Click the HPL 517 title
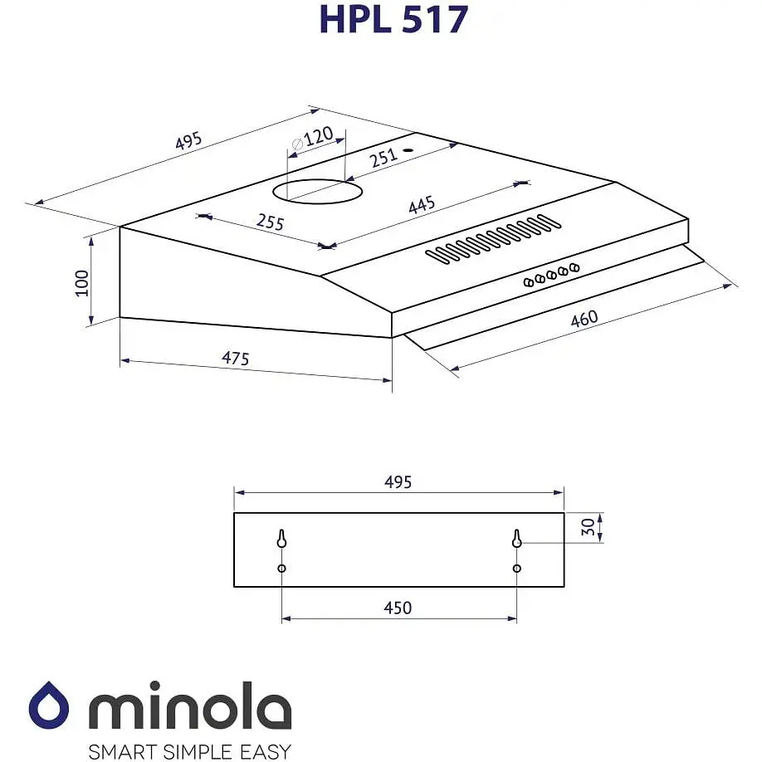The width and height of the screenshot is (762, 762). (393, 19)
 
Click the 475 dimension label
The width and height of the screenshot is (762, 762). (235, 358)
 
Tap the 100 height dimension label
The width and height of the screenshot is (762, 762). (81, 283)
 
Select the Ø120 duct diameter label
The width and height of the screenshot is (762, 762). (312, 138)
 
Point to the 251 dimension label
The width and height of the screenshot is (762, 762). (384, 158)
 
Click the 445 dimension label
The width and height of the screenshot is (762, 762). (422, 204)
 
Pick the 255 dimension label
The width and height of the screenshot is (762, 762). (271, 222)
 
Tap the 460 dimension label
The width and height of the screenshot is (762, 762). (584, 319)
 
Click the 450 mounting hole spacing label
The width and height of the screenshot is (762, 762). (398, 608)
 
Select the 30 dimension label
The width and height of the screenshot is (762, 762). (588, 527)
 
